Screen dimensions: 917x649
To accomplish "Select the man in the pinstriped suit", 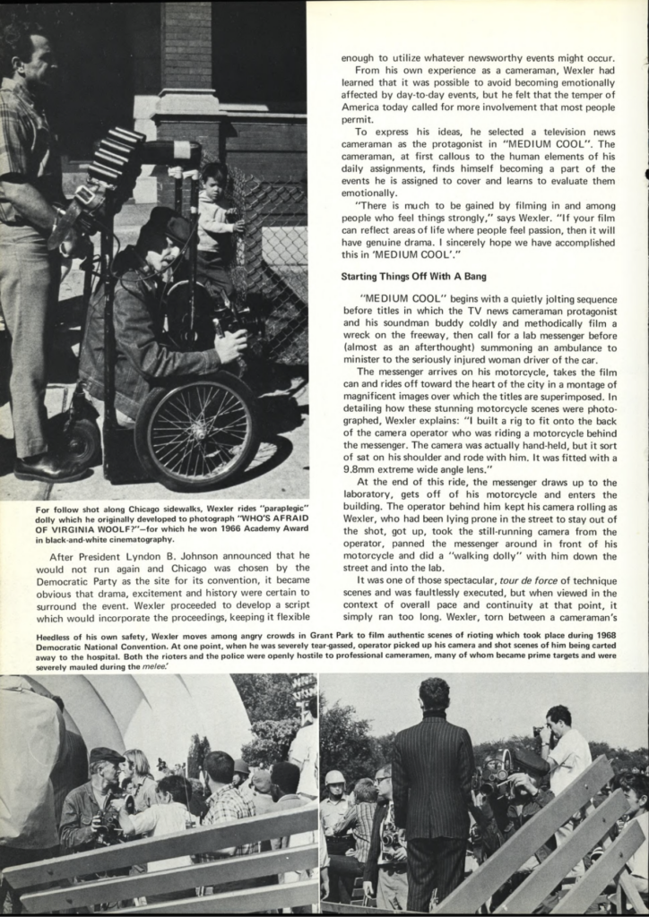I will click(x=433, y=788).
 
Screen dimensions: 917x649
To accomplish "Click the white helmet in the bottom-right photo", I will click(x=335, y=777).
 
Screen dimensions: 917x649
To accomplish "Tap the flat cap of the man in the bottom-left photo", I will click(x=106, y=755).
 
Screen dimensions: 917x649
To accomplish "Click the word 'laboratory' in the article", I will click(x=368, y=495).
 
